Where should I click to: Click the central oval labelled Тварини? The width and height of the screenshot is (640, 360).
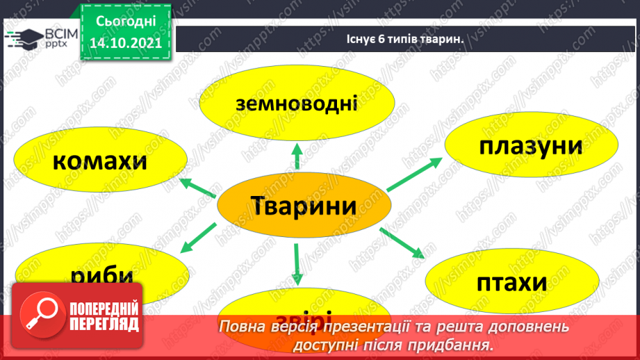tap(302, 206)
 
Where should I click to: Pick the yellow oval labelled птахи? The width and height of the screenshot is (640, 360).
tap(511, 283)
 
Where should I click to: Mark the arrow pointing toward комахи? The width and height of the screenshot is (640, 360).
tap(198, 188)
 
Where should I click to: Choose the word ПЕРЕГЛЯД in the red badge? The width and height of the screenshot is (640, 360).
tap(104, 324)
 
